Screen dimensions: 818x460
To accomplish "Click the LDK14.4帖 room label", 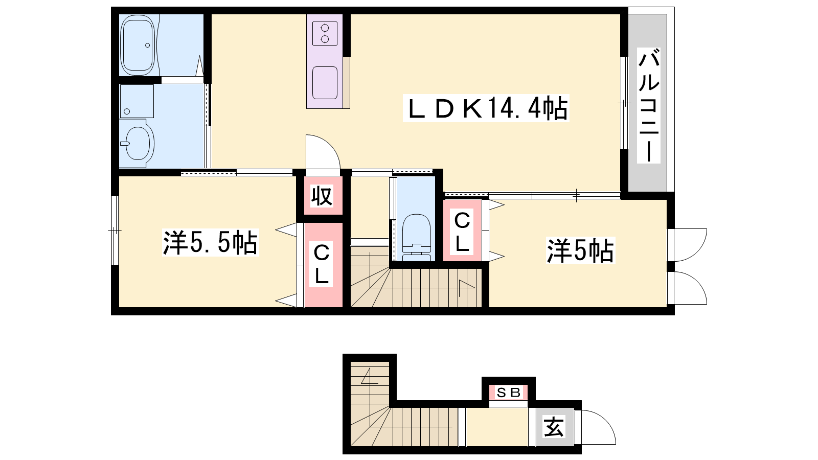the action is pyautogui.click(x=486, y=108).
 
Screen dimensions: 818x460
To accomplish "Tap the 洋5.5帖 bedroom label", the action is pyautogui.click(x=210, y=242).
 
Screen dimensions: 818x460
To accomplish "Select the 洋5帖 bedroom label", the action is pyautogui.click(x=580, y=250).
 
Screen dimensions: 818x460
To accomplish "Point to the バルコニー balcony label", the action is pyautogui.click(x=649, y=105).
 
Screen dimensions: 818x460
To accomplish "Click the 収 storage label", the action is pyautogui.click(x=322, y=196).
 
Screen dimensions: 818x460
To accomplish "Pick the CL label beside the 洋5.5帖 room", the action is pyautogui.click(x=322, y=264).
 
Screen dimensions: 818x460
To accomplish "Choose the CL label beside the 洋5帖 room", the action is pyautogui.click(x=462, y=232).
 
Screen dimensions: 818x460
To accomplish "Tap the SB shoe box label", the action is pyautogui.click(x=508, y=393).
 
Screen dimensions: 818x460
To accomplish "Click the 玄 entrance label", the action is pyautogui.click(x=554, y=426).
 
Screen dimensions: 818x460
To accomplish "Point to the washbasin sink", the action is pyautogui.click(x=137, y=143).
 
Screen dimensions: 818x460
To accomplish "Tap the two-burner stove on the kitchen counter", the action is pyautogui.click(x=325, y=34).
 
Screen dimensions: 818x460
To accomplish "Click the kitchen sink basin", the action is pyautogui.click(x=325, y=83).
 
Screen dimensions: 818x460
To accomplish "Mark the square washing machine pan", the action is pyautogui.click(x=137, y=101).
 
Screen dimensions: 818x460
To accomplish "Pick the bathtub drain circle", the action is pyautogui.click(x=148, y=45).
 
